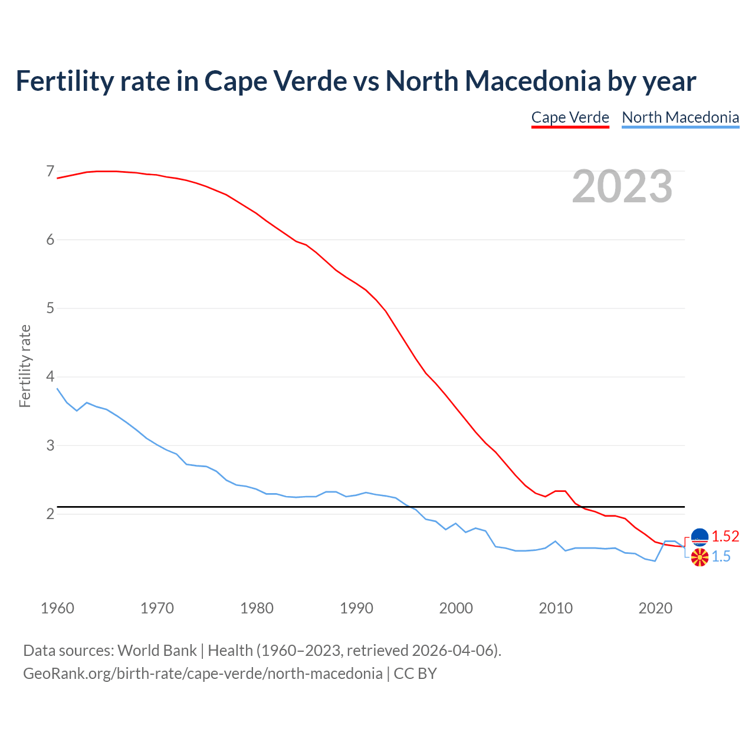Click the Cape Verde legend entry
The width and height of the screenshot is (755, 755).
(570, 117)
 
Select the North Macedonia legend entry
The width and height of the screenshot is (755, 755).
(680, 117)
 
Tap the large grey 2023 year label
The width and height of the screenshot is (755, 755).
(622, 186)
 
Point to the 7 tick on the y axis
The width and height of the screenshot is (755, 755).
(50, 172)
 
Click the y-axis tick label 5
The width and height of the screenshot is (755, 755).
(50, 308)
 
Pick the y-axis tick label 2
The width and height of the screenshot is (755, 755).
(50, 514)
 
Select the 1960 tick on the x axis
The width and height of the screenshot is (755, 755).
(57, 608)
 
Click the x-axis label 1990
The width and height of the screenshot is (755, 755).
(356, 608)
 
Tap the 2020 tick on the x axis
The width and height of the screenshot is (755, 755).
(655, 608)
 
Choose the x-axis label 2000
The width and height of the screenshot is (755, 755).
(456, 608)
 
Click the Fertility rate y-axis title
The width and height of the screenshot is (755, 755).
(25, 366)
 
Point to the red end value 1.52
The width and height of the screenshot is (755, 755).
(725, 536)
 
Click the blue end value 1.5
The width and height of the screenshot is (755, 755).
(721, 557)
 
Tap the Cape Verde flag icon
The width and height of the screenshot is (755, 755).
(700, 537)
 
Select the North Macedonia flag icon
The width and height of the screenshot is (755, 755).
(700, 557)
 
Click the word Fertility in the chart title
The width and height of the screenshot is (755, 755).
(64, 81)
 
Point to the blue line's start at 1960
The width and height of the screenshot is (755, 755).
(57, 389)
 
